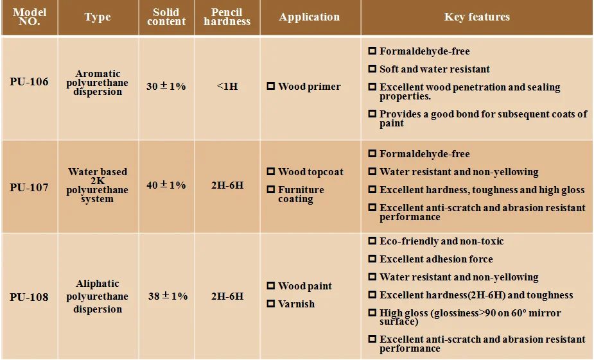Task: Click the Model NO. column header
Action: coord(30,17)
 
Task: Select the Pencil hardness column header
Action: coord(227,17)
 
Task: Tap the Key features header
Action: coord(476,17)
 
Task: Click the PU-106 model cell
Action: coord(29,82)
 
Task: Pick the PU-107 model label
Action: coord(29,188)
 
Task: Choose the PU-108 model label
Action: coord(29,297)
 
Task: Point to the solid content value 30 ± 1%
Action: coord(166,85)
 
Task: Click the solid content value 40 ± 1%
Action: coord(166,185)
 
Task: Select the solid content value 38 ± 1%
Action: coord(168,296)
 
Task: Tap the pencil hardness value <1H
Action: coord(227,86)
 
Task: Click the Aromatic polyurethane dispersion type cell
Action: coord(98,83)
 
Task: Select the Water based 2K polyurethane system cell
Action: coord(98,185)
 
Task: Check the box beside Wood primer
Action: coord(271,86)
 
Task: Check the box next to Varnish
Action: coord(271,303)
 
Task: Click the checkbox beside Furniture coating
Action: coord(271,189)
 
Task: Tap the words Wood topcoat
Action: coord(310,172)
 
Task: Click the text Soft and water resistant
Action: coord(434,69)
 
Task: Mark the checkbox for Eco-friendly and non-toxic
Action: coord(372,241)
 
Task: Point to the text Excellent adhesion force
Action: coord(436,259)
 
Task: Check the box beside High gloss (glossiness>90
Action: coord(372,313)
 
